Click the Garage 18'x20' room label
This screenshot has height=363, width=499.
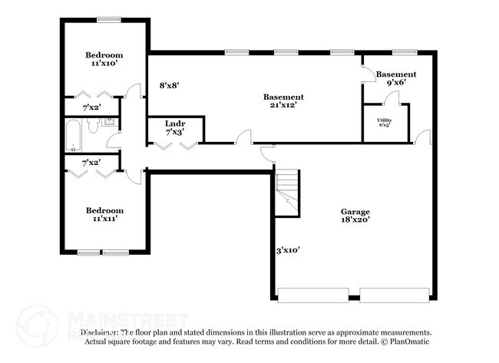[355, 216]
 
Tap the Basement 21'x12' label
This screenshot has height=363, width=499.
[283, 101]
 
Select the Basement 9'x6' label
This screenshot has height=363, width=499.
[395, 78]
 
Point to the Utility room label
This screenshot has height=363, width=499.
[384, 122]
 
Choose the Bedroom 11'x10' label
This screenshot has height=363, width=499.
[103, 59]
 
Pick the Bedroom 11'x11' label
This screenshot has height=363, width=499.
[104, 214]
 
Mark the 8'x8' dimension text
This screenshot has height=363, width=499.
[170, 86]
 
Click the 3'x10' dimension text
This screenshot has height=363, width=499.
[288, 249]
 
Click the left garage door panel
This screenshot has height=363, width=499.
[313, 295]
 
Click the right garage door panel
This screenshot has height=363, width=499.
[395, 295]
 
